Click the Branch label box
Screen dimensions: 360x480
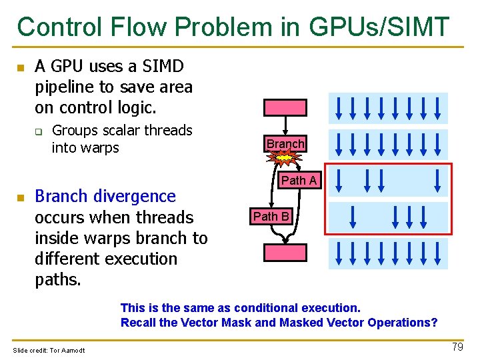click(x=285, y=144)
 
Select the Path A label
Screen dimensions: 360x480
click(x=299, y=181)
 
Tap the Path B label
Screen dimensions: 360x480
click(x=271, y=216)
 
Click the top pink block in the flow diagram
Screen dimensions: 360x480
click(x=285, y=107)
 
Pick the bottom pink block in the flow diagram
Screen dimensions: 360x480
click(x=285, y=252)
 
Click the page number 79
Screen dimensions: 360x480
click(x=457, y=347)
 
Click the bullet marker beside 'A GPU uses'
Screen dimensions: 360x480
click(x=21, y=68)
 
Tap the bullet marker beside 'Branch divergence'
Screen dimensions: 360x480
click(x=21, y=198)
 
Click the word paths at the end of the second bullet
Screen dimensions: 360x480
click(x=57, y=279)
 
